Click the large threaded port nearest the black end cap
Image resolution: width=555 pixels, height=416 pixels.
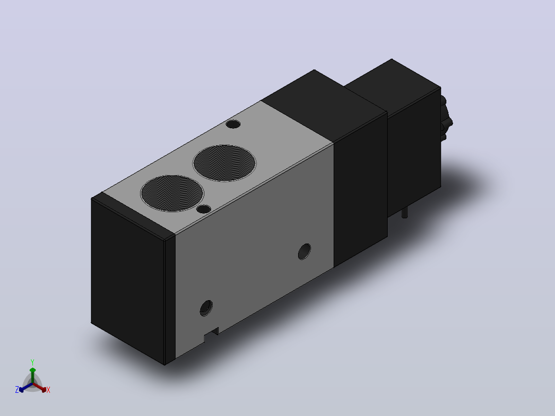click(x=172, y=193)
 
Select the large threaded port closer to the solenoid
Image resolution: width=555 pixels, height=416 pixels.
click(x=224, y=163)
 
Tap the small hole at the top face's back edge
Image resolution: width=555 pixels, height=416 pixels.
click(x=233, y=124)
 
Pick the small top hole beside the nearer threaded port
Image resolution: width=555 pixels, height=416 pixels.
click(x=203, y=209)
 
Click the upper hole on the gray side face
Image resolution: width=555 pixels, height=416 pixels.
click(x=304, y=252)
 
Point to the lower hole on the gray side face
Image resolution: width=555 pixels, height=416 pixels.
click(x=206, y=308)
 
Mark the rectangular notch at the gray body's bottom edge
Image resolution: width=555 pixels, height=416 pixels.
click(x=211, y=335)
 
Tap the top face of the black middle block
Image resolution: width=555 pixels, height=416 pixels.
click(x=324, y=106)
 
